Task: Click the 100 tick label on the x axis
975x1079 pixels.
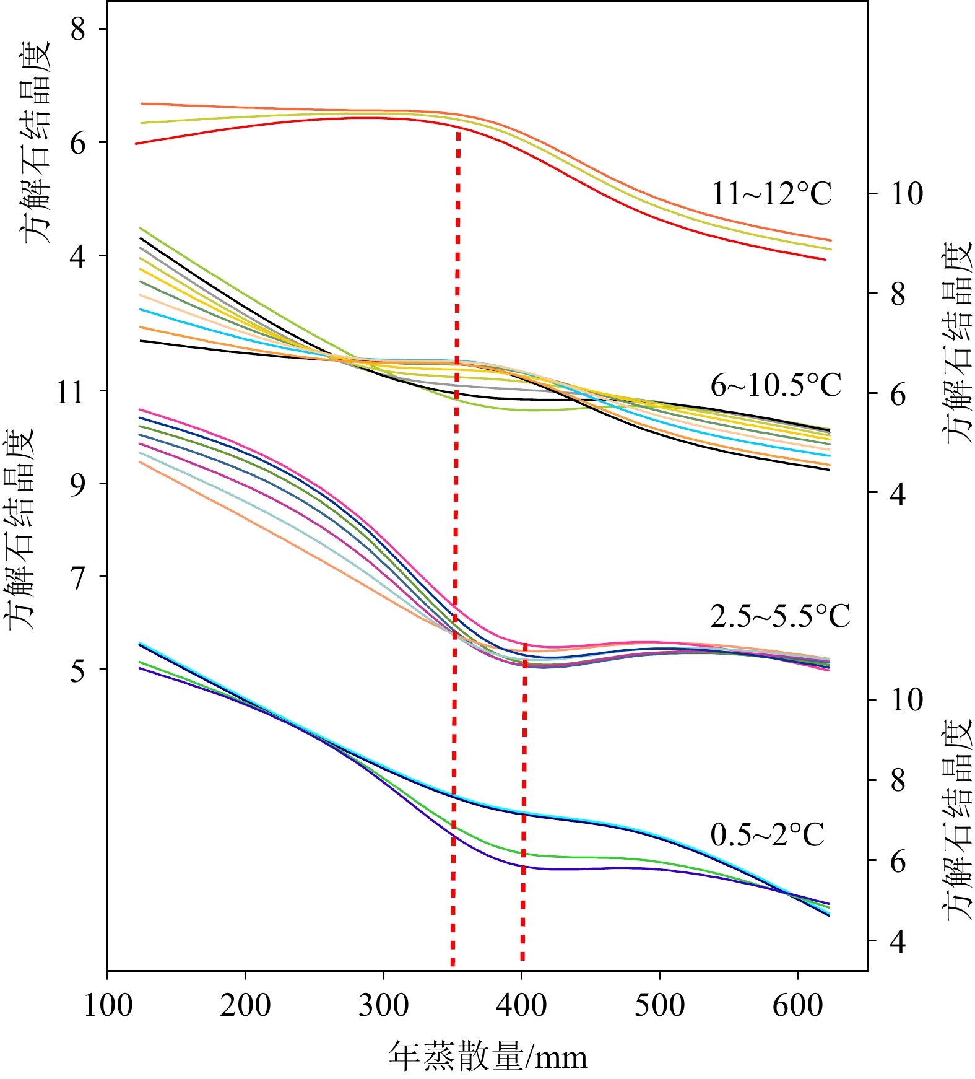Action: (x=108, y=1005)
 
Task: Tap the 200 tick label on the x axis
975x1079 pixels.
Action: (x=245, y=1005)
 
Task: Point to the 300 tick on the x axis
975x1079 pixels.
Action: (x=383, y=1005)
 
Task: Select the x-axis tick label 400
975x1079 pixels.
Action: (x=521, y=1005)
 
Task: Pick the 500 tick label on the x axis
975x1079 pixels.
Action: (x=659, y=1005)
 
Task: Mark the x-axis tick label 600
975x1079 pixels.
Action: (x=797, y=1005)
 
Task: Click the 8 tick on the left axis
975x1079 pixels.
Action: (x=78, y=29)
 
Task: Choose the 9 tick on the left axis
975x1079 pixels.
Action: (x=78, y=484)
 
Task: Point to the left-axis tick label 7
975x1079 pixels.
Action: (x=78, y=577)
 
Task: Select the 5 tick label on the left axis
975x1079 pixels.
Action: (x=78, y=670)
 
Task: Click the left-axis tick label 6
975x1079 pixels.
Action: (x=78, y=142)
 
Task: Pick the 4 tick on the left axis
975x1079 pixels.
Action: (x=78, y=256)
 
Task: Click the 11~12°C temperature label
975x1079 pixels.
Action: (x=771, y=194)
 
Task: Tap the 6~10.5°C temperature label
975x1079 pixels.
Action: (x=776, y=386)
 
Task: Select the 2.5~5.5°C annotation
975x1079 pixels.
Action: (x=780, y=616)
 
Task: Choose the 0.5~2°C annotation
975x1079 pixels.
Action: (x=767, y=834)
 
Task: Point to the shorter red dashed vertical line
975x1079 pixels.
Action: (x=524, y=805)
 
